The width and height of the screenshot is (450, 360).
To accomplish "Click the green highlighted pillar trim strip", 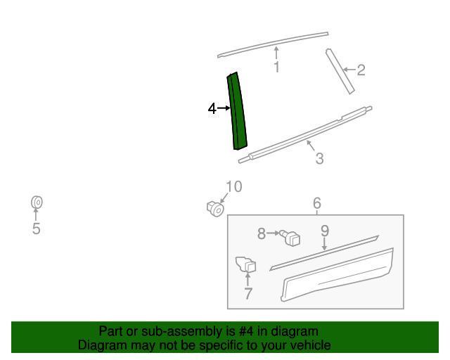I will tap(237, 111).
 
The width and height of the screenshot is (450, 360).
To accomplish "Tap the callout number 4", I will tap(212, 108).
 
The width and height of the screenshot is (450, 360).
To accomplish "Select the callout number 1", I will tap(276, 67).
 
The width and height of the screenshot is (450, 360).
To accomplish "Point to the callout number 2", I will tap(361, 70).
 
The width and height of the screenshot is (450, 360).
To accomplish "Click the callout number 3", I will tap(319, 159).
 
